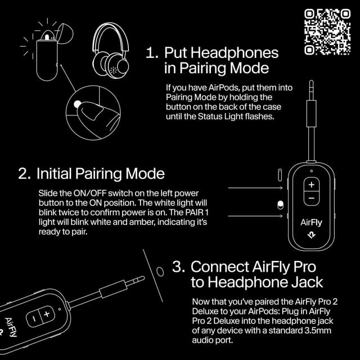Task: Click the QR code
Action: click(x=327, y=31)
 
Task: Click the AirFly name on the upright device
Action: click(x=311, y=221)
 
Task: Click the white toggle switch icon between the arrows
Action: click(x=280, y=204)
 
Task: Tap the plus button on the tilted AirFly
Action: click(x=46, y=313)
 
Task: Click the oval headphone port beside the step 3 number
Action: click(x=160, y=272)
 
